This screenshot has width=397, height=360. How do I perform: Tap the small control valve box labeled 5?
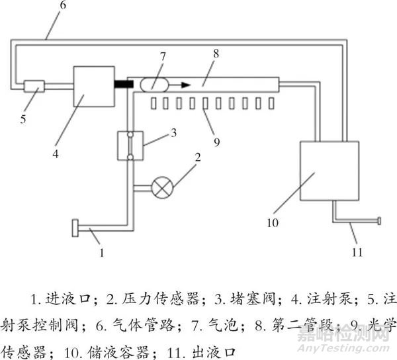click(33, 86)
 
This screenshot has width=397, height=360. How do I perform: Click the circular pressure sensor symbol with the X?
click(160, 188)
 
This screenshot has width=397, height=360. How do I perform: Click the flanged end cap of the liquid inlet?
click(73, 230)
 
